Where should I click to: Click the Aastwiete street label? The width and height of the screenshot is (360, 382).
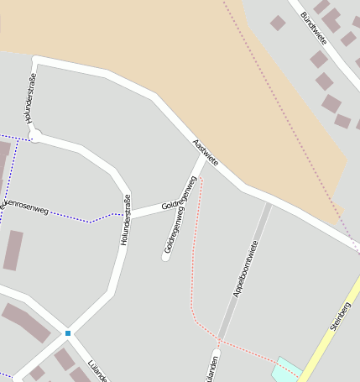(206, 151)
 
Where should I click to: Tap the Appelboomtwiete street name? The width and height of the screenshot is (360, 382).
(244, 269)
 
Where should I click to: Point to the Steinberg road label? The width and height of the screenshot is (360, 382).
(340, 315)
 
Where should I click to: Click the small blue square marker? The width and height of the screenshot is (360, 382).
(68, 333)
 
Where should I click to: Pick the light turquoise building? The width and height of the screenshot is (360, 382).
(287, 369)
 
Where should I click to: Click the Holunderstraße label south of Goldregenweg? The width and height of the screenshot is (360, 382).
(126, 220)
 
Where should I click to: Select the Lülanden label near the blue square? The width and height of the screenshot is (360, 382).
(97, 370)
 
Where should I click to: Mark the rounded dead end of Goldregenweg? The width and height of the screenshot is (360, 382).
(166, 256)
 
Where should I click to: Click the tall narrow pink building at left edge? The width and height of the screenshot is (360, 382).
(13, 250)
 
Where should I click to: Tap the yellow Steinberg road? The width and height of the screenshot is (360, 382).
(327, 336)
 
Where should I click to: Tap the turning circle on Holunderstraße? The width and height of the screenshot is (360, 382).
(35, 135)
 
